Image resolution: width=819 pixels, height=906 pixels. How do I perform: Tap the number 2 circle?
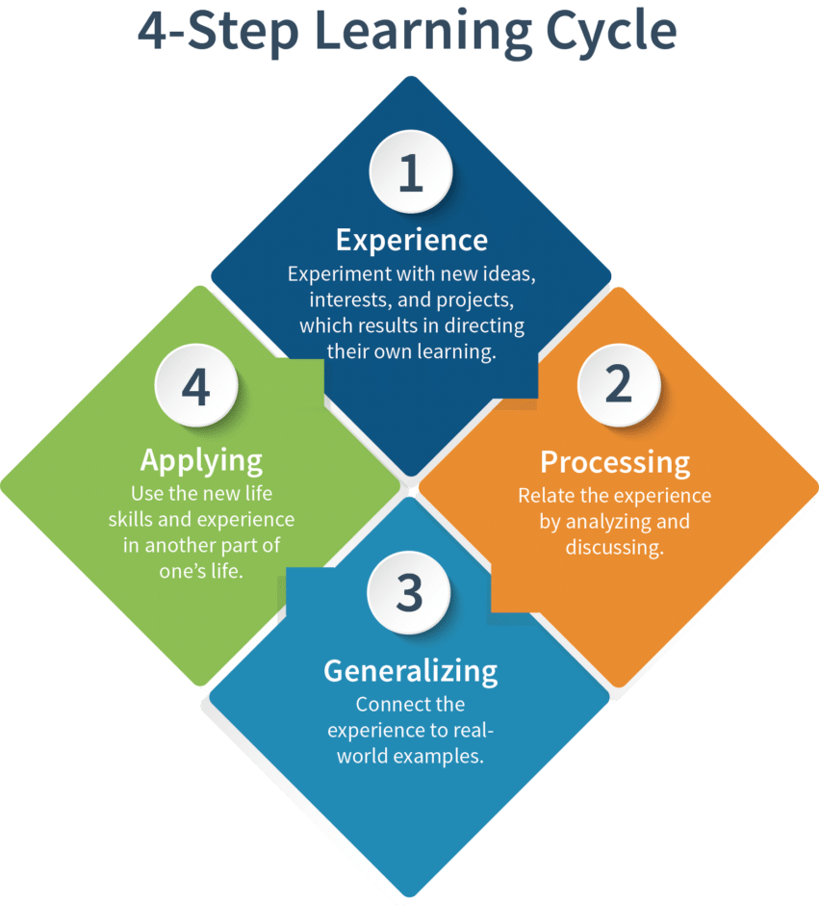pyautogui.click(x=618, y=384)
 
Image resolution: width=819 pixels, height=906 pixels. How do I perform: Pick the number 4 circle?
pyautogui.click(x=196, y=386)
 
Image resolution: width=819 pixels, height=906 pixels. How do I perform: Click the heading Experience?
pyautogui.click(x=411, y=239)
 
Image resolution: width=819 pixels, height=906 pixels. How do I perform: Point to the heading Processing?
pyautogui.click(x=615, y=462)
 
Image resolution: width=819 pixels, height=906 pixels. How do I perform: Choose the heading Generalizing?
pyautogui.click(x=410, y=670)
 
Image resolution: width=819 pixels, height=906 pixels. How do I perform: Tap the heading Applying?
pyautogui.click(x=201, y=459)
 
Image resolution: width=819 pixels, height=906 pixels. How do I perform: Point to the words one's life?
pyautogui.click(x=201, y=571)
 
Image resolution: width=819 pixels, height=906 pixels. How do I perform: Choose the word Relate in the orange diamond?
pyautogui.click(x=546, y=496)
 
